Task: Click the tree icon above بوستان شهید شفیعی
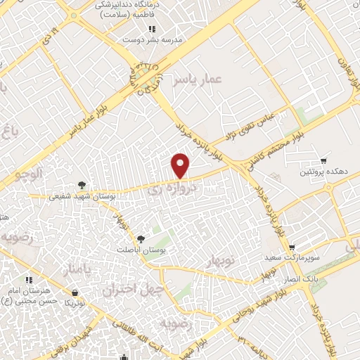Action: pyautogui.click(x=83, y=185)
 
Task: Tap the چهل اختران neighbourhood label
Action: pyautogui.click(x=133, y=288)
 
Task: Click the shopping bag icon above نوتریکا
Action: pyautogui.click(x=75, y=292)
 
